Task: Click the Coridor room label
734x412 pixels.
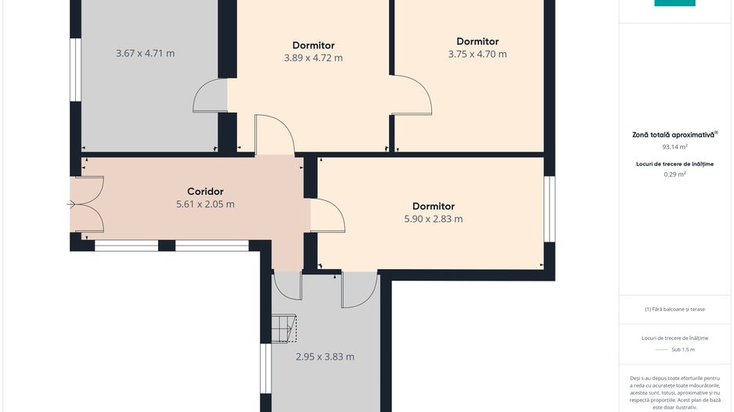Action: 205,192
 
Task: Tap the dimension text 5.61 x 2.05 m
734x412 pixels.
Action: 205,204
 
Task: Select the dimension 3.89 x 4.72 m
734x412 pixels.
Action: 313,58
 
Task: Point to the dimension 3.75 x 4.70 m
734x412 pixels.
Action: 477,54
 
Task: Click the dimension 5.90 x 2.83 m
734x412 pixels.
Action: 434,219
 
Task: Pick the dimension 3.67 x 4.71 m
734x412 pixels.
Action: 145,53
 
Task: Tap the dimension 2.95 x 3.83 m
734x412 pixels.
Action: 325,356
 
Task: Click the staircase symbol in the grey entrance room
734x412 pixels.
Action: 284,328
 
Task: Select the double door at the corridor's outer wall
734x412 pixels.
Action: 87,204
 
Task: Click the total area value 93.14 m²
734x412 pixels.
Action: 675,147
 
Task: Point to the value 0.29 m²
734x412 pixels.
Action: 675,174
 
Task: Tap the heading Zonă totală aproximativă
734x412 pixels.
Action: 673,134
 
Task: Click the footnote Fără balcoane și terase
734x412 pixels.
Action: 675,309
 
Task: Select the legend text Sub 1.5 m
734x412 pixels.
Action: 683,349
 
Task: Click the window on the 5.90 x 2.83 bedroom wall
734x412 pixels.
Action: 549,209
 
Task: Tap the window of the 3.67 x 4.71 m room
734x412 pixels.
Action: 75,70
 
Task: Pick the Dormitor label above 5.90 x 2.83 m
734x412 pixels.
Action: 434,206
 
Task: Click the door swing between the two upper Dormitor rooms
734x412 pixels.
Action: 412,95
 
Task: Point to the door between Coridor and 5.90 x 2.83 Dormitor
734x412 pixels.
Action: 327,216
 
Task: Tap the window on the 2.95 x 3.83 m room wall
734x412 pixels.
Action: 266,368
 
